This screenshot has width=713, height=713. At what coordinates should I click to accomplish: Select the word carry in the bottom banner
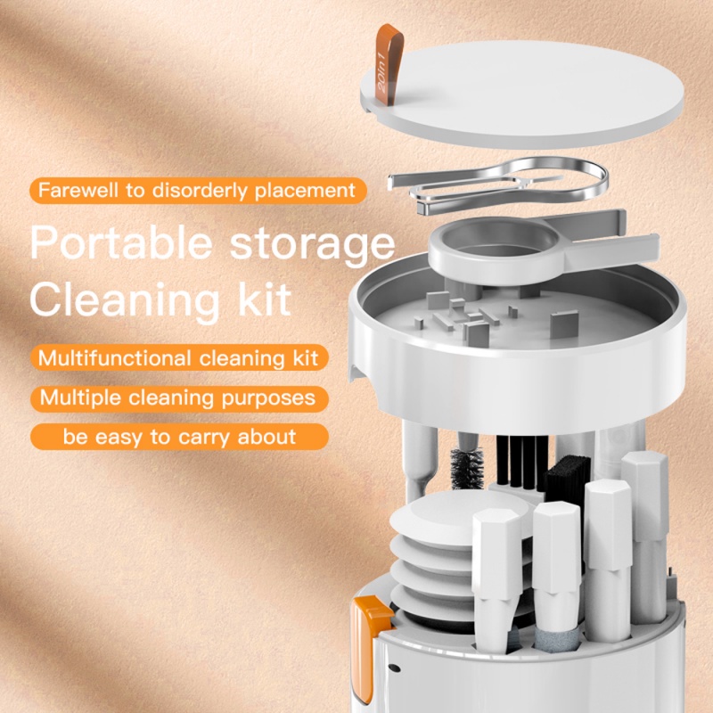201,437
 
